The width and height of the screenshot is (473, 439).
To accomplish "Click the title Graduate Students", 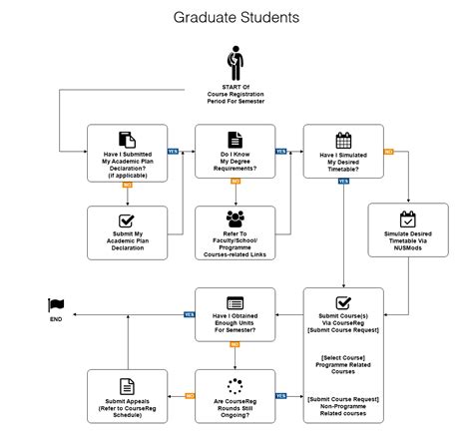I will (x=236, y=18).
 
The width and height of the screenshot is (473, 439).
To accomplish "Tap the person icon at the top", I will (x=236, y=62).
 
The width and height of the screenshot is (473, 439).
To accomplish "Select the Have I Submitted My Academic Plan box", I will (x=127, y=152).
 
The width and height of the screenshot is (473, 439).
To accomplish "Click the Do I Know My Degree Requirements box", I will (x=235, y=152).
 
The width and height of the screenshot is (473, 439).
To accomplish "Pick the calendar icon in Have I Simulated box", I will (x=343, y=141).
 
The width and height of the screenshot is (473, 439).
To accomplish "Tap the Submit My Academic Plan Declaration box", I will (x=127, y=232).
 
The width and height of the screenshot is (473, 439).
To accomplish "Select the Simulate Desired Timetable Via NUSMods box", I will (x=407, y=232).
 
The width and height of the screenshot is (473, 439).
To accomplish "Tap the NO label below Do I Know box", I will (x=236, y=183).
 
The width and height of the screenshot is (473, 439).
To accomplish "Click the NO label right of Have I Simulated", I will (x=388, y=152).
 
